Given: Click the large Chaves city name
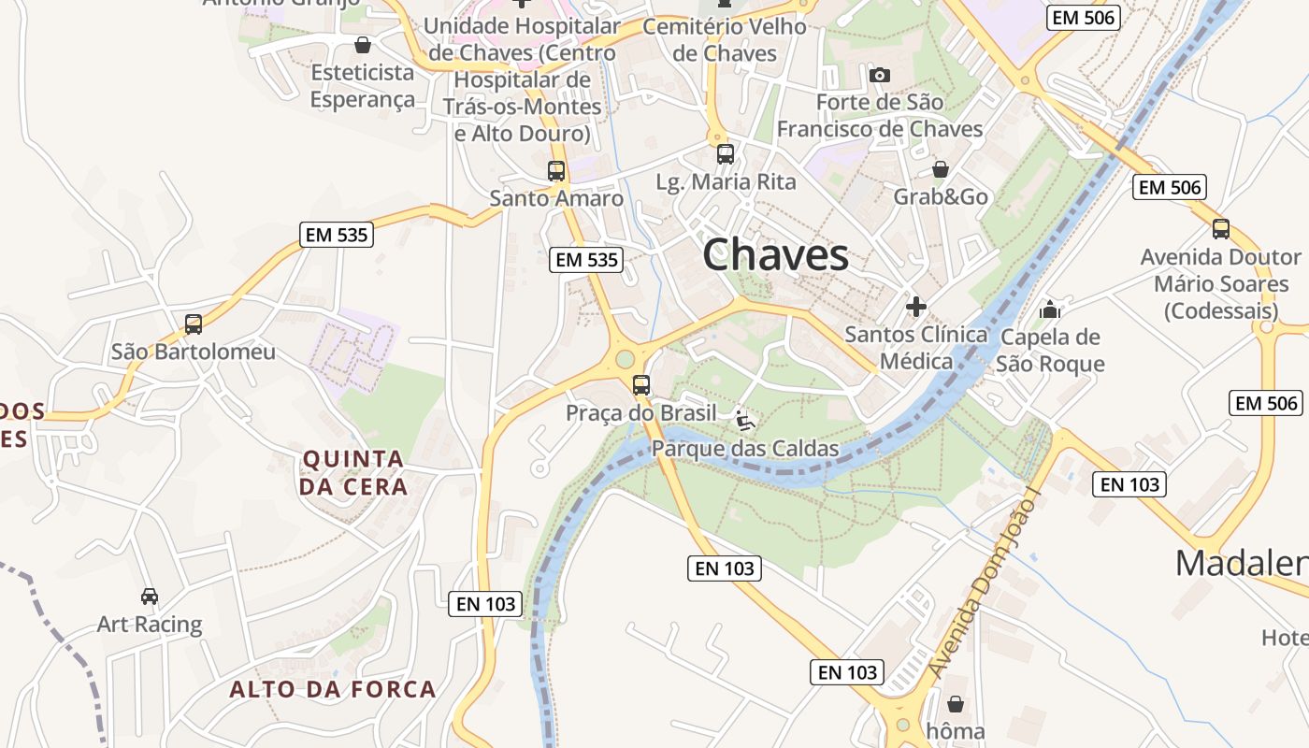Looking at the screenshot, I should coord(775,254).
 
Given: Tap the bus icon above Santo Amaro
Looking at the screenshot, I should coord(556,171).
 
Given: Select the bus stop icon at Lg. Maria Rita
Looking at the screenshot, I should coord(726,154).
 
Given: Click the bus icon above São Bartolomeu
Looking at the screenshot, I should coord(194,324).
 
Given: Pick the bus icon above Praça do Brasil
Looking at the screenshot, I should coord(641,384).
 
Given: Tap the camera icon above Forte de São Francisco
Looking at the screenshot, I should coord(879,75).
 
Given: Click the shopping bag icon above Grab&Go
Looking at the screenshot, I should coord(941,169).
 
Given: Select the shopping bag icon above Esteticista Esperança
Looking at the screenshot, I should coord(363,44).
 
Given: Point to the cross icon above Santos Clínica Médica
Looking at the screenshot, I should coord(916,306).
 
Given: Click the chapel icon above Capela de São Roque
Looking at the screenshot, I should coord(1050,309).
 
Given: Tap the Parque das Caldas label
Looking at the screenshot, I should coord(745,449).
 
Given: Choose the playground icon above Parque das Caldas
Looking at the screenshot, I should coord(744,421).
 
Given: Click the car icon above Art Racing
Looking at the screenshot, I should coord(150,596).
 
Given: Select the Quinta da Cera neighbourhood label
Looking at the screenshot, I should coord(352,472).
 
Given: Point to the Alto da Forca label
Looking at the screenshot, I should coord(333,690).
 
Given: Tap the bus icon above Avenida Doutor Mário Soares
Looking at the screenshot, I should coord(1220,228).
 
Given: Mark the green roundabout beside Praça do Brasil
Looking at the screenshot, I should coord(625,359).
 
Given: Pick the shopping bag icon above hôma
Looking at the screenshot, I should coord(955,703).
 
